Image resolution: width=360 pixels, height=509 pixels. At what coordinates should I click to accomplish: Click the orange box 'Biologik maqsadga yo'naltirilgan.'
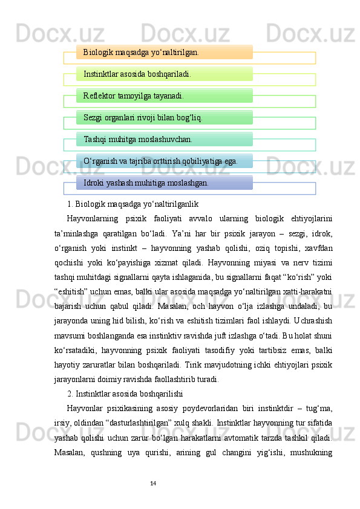(x=164, y=53)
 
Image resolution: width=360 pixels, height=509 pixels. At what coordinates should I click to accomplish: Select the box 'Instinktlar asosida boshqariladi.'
(x=164, y=74)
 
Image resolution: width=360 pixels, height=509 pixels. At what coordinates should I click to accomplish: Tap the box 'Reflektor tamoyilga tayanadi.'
(x=164, y=96)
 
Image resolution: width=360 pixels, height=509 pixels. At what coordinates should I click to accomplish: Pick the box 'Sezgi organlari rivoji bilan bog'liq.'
(x=164, y=118)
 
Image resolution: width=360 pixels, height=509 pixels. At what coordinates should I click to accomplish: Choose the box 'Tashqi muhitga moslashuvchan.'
(x=164, y=140)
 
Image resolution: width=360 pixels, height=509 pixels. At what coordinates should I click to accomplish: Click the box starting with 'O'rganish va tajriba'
(x=164, y=161)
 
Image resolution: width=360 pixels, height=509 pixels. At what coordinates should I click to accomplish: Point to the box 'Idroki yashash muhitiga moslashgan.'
(x=164, y=183)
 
